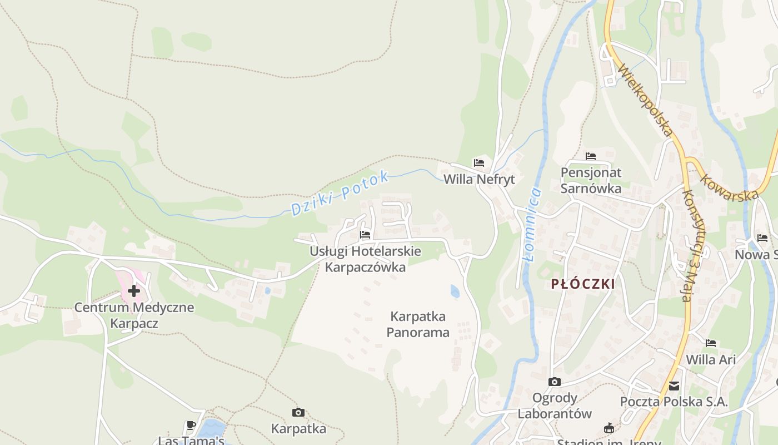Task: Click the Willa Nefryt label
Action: click(x=479, y=180)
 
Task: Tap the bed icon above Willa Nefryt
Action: click(x=479, y=163)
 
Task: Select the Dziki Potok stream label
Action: click(x=340, y=194)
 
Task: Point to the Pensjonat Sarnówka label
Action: click(x=591, y=180)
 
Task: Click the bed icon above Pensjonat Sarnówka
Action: click(x=591, y=156)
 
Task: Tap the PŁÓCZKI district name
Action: click(x=583, y=284)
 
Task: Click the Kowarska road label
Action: click(x=730, y=189)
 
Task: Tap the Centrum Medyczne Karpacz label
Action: click(x=134, y=315)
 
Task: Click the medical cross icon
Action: click(x=134, y=290)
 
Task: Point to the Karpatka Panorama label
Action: click(x=418, y=325)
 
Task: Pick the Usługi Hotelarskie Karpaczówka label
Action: click(x=365, y=259)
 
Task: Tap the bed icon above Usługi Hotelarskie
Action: click(x=365, y=235)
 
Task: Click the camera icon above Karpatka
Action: click(x=298, y=412)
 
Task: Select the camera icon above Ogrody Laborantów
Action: click(x=554, y=382)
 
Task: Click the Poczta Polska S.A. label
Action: click(x=674, y=402)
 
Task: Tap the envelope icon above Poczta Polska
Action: click(x=674, y=385)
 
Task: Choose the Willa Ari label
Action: click(x=711, y=359)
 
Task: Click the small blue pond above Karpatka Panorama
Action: click(x=455, y=291)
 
